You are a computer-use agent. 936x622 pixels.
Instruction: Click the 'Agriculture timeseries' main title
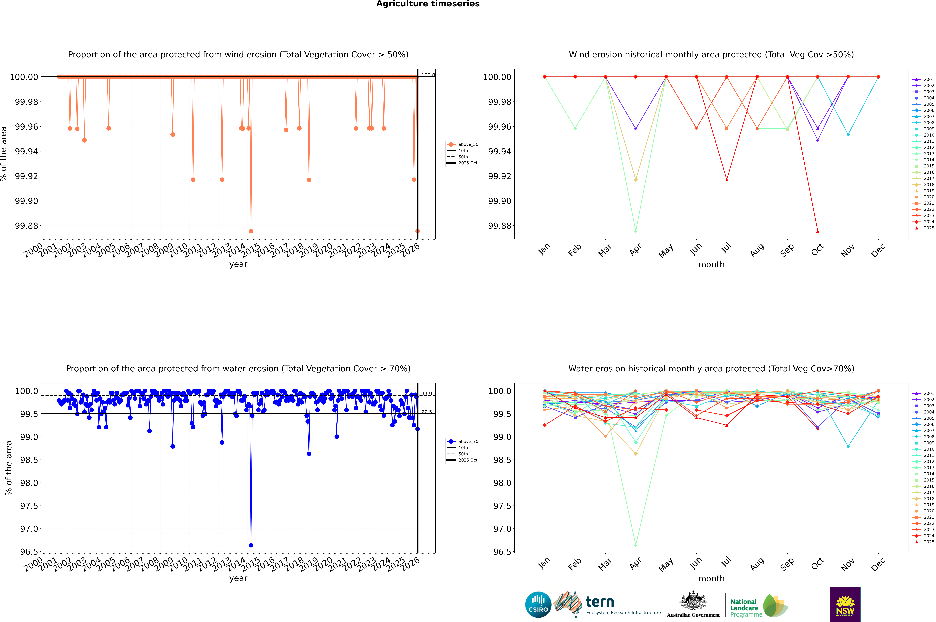point(428,4)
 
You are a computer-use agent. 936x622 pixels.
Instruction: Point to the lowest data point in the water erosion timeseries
point(251,545)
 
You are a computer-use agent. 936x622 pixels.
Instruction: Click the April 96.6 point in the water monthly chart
point(636,545)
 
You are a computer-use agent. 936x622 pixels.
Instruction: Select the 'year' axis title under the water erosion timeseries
point(238,578)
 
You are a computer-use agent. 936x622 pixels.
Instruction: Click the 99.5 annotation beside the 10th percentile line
point(427,412)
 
